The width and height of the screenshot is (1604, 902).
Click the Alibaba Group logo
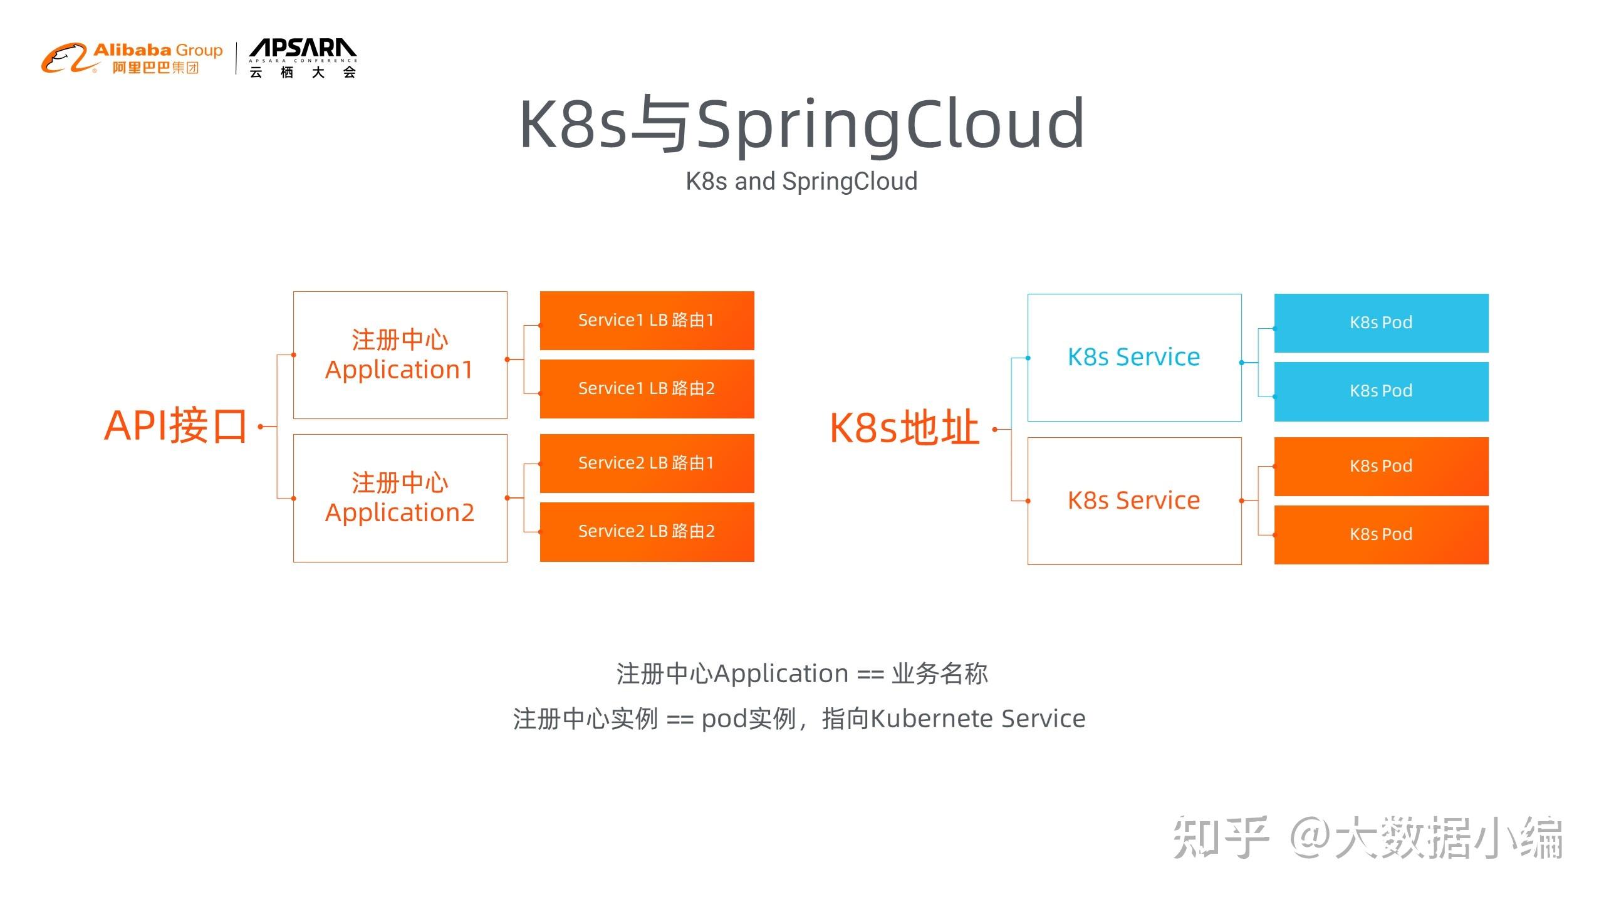click(x=132, y=58)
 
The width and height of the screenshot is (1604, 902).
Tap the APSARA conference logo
click(x=303, y=58)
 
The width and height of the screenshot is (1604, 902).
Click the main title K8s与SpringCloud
click(x=802, y=125)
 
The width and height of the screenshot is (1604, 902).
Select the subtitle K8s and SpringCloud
click(x=801, y=182)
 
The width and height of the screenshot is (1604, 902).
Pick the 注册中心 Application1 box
click(x=400, y=355)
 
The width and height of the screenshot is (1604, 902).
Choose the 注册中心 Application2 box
click(x=400, y=498)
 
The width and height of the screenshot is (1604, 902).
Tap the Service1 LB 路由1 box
click(x=647, y=321)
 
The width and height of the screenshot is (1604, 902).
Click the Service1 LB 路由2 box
click(x=647, y=389)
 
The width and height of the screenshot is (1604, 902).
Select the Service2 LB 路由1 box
click(x=647, y=464)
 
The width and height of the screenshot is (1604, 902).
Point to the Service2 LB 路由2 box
click(x=647, y=532)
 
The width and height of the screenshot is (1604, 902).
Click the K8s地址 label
click(x=904, y=428)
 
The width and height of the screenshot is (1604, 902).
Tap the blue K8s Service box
click(x=1135, y=358)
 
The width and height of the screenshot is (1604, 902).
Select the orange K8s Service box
click(x=1135, y=501)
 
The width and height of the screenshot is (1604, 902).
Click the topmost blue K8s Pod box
click(x=1382, y=323)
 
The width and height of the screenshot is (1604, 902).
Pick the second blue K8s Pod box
click(x=1382, y=391)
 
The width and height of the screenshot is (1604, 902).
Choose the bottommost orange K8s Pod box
click(x=1382, y=535)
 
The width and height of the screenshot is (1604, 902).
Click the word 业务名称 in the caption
click(x=940, y=674)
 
